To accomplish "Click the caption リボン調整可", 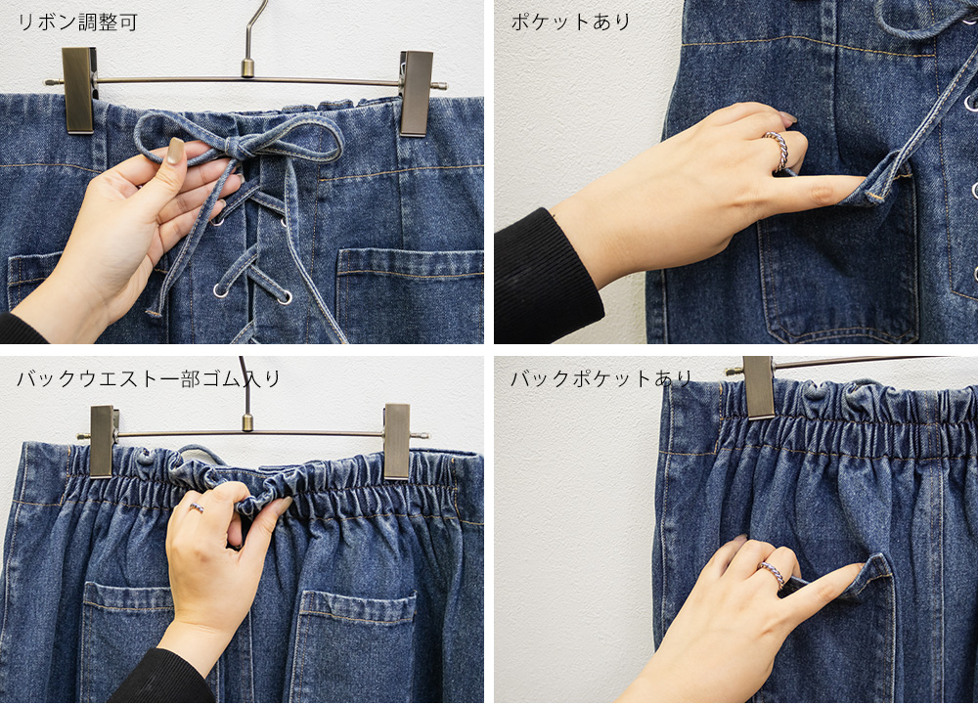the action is (76, 22).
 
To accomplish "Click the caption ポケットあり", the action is (571, 22).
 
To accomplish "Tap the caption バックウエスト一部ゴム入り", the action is (149, 378).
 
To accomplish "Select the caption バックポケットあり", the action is (601, 377).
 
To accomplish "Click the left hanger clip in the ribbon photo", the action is (79, 90).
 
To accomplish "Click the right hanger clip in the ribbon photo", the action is (416, 94).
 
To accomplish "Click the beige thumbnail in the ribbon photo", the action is (175, 151).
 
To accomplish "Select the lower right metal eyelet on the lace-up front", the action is (285, 296).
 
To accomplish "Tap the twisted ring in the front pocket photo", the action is (778, 151).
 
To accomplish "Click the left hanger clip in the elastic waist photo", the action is (103, 441).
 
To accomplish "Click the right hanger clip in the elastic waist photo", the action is (396, 441).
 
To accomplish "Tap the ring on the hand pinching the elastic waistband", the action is (197, 507).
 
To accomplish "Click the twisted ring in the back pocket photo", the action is (773, 574).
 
